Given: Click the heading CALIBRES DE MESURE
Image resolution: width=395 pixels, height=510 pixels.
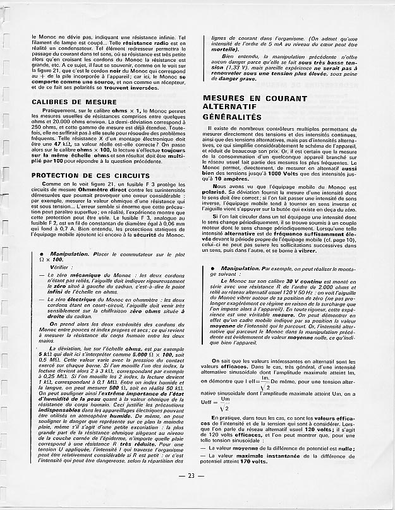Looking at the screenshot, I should pos(73,101).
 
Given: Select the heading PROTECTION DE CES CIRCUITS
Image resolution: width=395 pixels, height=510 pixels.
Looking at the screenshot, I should pos(90,175).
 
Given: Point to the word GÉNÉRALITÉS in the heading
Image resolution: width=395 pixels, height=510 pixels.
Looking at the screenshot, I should pos(232,117).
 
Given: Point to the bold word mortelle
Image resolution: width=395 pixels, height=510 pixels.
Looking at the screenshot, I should pos(226,49).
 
